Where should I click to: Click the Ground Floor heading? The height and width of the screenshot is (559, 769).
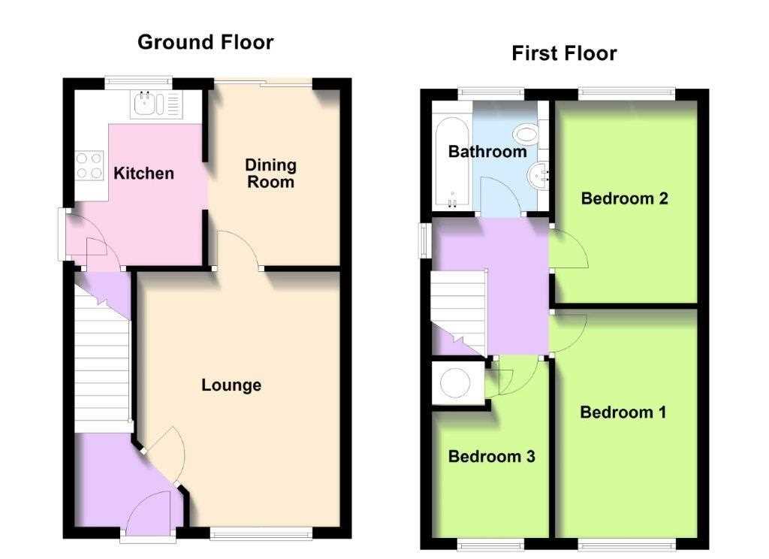click(205, 42)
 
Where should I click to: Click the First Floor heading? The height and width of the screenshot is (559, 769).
click(564, 53)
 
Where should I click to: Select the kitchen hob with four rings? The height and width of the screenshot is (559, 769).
click(89, 165)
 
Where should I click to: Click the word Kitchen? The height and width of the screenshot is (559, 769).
click(143, 174)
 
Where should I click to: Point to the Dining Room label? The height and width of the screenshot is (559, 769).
click(271, 173)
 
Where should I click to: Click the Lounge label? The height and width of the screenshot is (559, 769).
click(231, 385)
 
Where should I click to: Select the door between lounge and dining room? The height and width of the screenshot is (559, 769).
click(238, 248)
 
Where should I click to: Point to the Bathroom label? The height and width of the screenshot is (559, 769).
click(487, 152)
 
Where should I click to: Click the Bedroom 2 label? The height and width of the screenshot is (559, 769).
click(624, 199)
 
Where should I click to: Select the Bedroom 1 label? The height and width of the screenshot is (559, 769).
click(623, 412)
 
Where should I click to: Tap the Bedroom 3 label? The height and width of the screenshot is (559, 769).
click(491, 456)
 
